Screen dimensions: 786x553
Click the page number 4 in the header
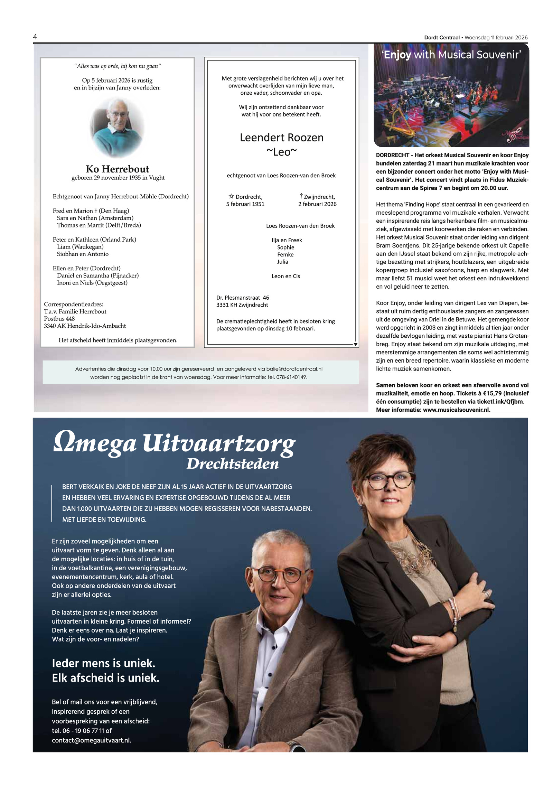tap(35, 37)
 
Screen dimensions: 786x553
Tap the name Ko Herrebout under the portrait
tap(117, 169)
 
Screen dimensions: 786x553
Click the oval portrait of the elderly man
tap(117, 127)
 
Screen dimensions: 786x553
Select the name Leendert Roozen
tap(281, 138)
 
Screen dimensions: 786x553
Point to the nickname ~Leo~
tap(281, 152)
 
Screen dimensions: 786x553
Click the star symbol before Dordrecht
tap(231, 196)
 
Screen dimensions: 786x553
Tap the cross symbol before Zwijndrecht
tap(301, 196)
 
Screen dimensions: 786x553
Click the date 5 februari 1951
tap(245, 204)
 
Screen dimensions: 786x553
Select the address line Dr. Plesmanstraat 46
tap(242, 298)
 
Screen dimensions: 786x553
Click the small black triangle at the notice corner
tap(355, 344)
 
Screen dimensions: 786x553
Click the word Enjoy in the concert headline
tap(397, 55)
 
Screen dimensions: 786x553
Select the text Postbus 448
tap(59, 319)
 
